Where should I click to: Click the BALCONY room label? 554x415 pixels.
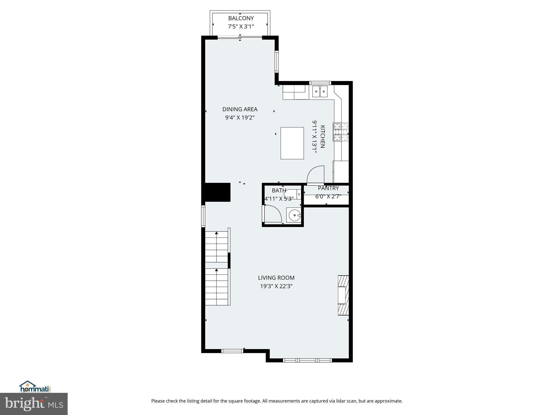pyautogui.click(x=241, y=18)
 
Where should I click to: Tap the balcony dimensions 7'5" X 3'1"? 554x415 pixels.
pyautogui.click(x=241, y=27)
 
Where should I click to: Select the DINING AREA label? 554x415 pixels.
pyautogui.click(x=240, y=109)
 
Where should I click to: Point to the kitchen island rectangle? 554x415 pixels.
pyautogui.click(x=292, y=143)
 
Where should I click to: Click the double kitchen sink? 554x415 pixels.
pyautogui.click(x=320, y=92)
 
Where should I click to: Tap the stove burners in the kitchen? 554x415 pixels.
pyautogui.click(x=341, y=132)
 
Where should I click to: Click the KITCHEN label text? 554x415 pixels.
pyautogui.click(x=322, y=136)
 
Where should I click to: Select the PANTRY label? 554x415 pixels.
pyautogui.click(x=328, y=188)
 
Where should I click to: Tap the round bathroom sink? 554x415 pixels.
pyautogui.click(x=294, y=216)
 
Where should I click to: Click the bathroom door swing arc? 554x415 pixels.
pyautogui.click(x=273, y=213)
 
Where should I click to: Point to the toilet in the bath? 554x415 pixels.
pyautogui.click(x=292, y=194)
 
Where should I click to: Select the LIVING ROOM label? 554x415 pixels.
pyautogui.click(x=276, y=278)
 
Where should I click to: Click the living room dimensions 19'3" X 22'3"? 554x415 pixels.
pyautogui.click(x=276, y=286)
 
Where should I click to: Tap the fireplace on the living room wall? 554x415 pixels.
pyautogui.click(x=343, y=295)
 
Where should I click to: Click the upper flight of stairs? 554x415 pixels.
pyautogui.click(x=216, y=246)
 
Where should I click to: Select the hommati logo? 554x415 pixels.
pyautogui.click(x=35, y=387)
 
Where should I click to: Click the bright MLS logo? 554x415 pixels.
pyautogui.click(x=34, y=404)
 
